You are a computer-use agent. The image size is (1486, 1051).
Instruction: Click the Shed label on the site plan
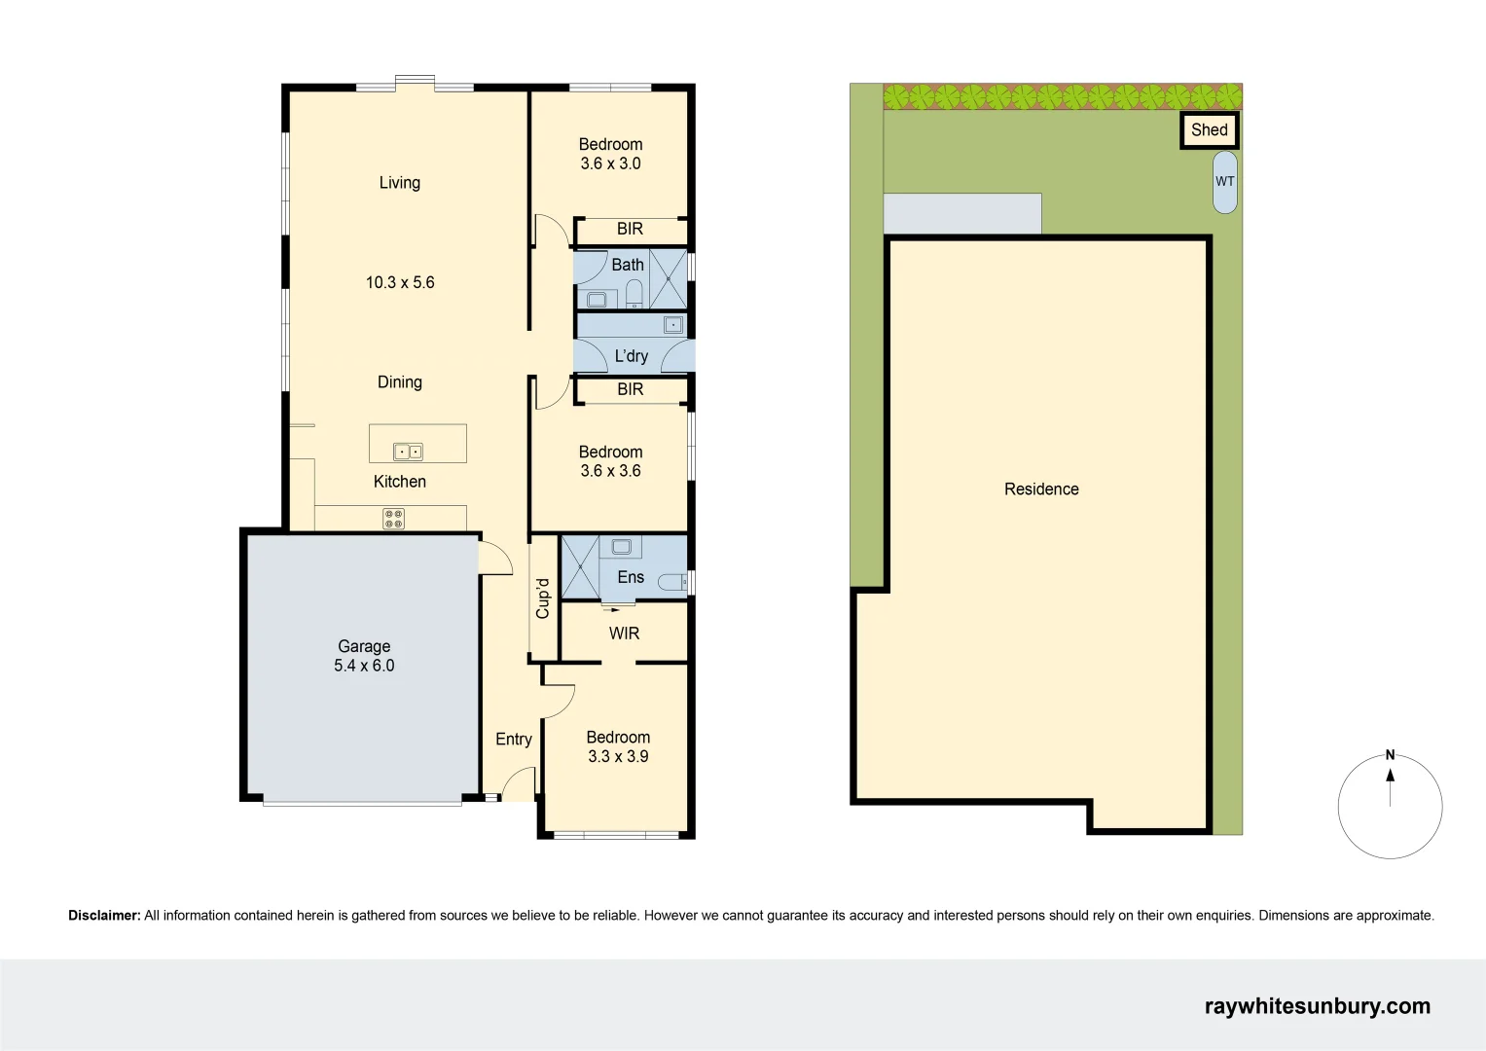point(1209,129)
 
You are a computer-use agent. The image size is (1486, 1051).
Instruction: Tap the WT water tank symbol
point(1225,182)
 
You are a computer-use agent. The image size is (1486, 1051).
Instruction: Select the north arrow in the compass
point(1390,777)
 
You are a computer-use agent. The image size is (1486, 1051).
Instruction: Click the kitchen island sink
point(408,452)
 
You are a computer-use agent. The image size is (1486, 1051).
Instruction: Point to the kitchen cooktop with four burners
point(393,519)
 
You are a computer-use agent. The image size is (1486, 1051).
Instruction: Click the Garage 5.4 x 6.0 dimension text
point(364,666)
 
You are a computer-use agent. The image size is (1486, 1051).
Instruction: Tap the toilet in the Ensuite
point(672,582)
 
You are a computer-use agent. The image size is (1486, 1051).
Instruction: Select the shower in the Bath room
point(669,278)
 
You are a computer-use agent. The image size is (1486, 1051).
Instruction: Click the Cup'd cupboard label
point(543,598)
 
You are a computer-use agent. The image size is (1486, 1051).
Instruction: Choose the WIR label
point(624,634)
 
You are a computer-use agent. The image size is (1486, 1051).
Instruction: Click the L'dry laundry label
point(631,356)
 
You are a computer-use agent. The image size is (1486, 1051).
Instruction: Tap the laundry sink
point(673,325)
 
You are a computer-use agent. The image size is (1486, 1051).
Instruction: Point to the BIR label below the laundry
point(630,389)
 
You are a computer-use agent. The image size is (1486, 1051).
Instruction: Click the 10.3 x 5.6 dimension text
point(400,282)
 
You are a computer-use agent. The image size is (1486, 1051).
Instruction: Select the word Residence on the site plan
point(1041,489)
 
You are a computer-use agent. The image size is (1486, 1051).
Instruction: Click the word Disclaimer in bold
point(104,916)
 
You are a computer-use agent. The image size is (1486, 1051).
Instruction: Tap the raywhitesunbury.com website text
point(1317,1006)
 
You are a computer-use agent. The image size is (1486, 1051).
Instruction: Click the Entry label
point(513,740)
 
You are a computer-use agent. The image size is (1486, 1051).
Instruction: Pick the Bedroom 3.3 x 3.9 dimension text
point(618,756)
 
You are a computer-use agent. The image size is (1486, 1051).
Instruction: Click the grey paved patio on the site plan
point(961,213)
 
